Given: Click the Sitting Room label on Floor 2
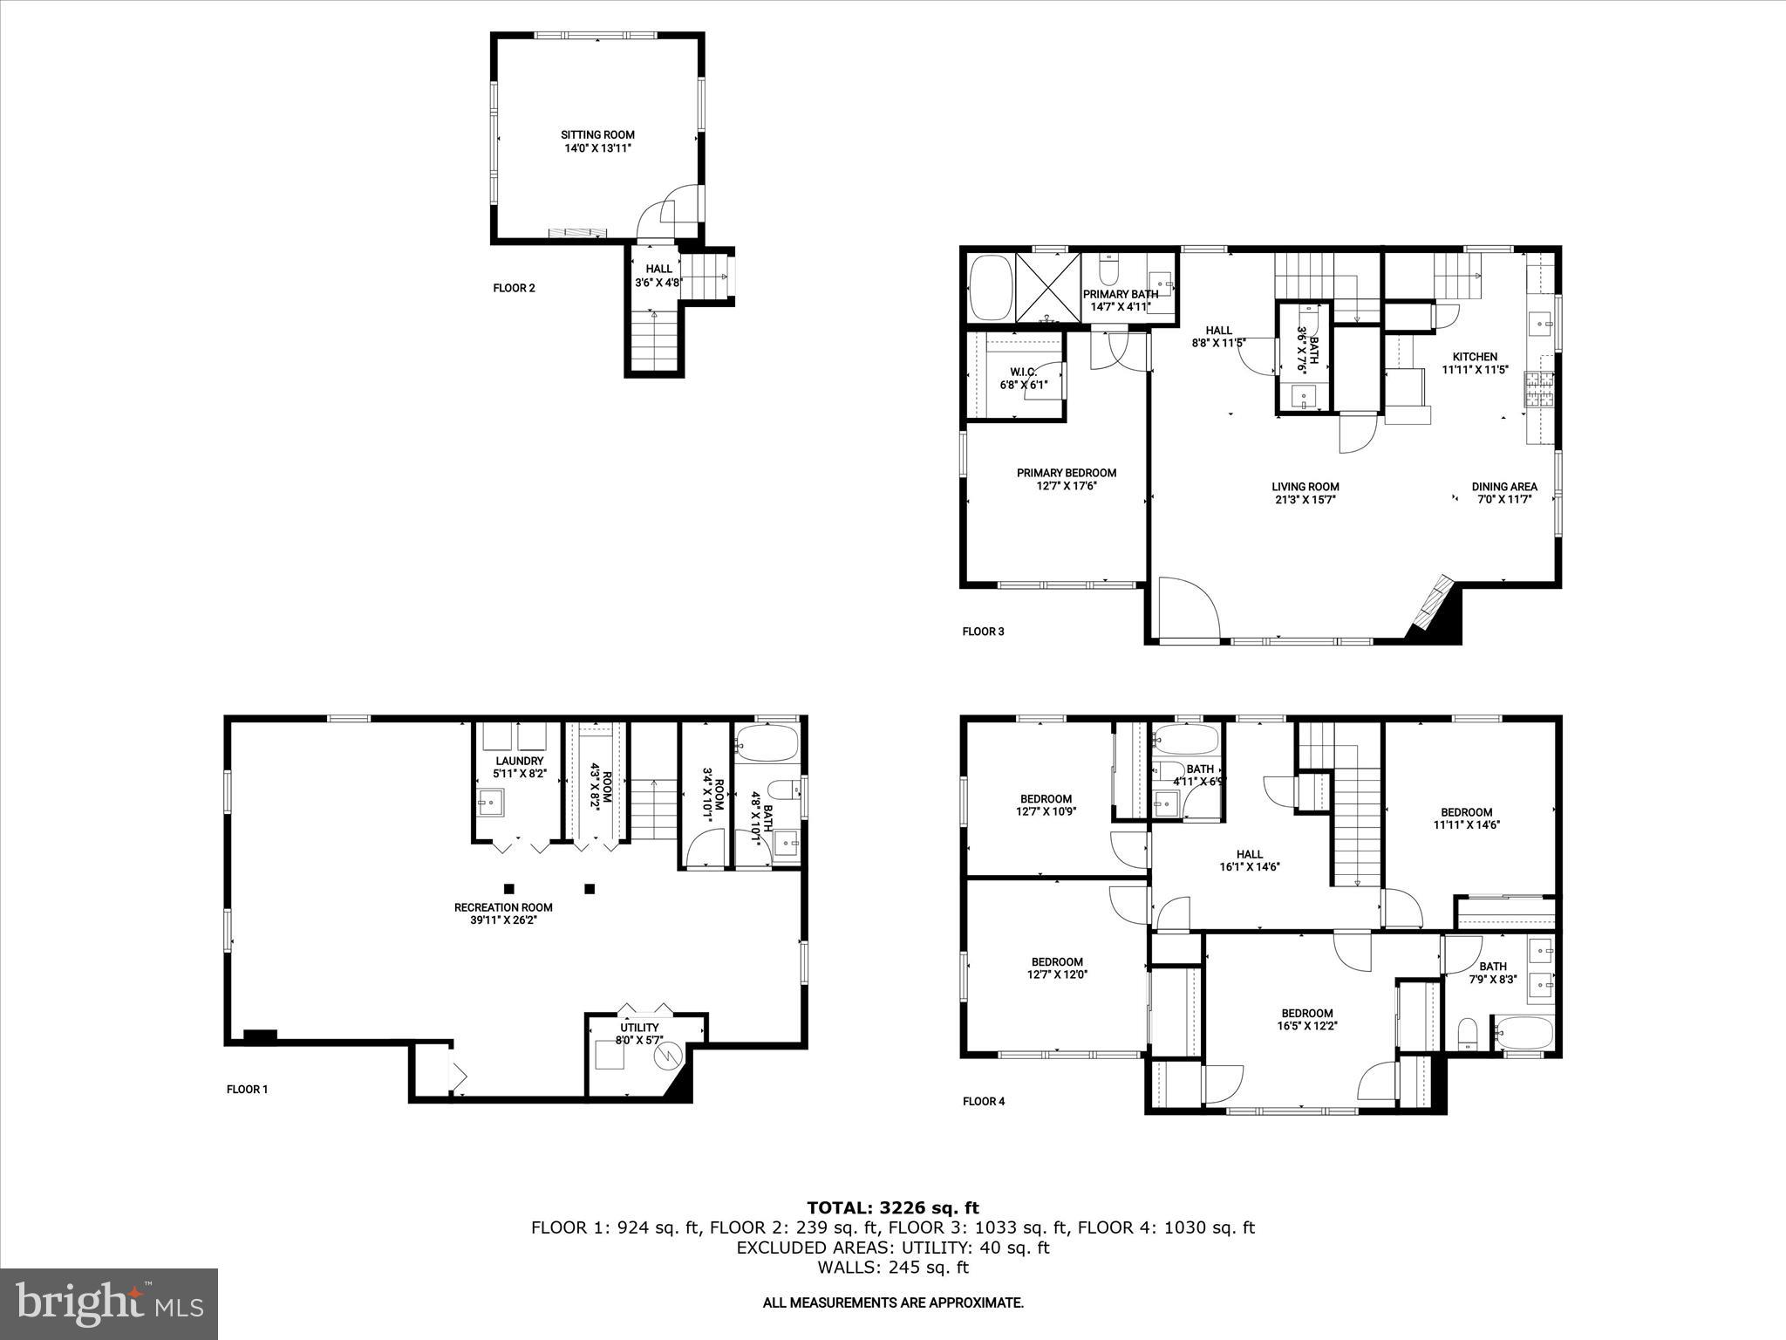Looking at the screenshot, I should tap(597, 135).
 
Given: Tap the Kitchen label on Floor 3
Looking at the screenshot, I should tap(1475, 357).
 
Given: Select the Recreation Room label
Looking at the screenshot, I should tap(503, 907).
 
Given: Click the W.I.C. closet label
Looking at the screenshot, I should tap(1024, 372).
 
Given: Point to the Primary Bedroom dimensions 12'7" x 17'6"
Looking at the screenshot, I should tap(1067, 486).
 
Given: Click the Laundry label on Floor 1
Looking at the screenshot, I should tap(519, 761).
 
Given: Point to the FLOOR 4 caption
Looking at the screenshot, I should tap(984, 1101).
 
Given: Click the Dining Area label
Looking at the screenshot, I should tap(1504, 487).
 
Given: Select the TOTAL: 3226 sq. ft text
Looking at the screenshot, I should tap(892, 1208).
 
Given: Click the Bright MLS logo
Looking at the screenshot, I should tap(109, 1304).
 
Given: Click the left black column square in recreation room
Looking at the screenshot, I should tap(509, 889).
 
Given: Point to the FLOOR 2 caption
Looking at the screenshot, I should tap(514, 288).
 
